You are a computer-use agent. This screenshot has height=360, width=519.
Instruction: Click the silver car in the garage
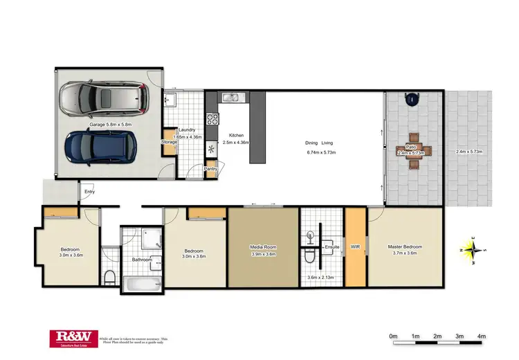pyautogui.click(x=105, y=100)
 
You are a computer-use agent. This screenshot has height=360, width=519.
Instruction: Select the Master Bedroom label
pyautogui.click(x=405, y=246)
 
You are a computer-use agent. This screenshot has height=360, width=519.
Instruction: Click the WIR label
pyautogui.click(x=356, y=246)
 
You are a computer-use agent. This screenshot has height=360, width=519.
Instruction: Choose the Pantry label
pyautogui.click(x=212, y=168)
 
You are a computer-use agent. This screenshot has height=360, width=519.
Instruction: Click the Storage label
pyautogui.click(x=170, y=142)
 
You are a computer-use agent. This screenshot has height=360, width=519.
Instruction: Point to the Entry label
pyautogui.click(x=90, y=192)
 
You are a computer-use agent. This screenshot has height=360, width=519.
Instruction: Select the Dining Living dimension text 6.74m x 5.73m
pyautogui.click(x=320, y=152)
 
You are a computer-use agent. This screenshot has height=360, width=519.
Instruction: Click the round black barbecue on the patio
pyautogui.click(x=413, y=99)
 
